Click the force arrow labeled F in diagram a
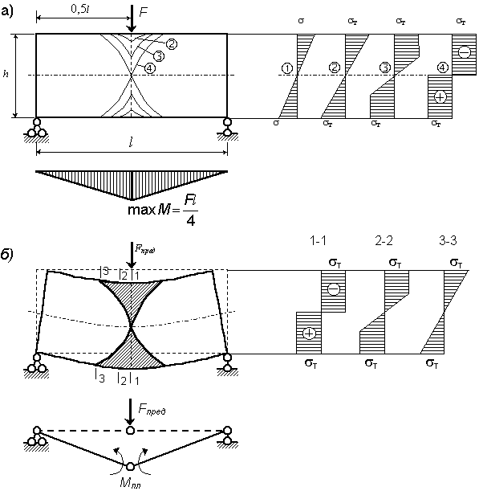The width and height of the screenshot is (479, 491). coord(132,18)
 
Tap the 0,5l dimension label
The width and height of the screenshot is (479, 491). coord(80,10)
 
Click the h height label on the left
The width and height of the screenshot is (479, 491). coord(6,74)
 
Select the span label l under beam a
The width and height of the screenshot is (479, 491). coord(131,143)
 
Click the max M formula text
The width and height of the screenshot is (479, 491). coord(163,210)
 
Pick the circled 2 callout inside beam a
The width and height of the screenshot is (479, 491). coord(171,44)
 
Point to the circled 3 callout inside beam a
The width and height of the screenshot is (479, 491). coord(159,56)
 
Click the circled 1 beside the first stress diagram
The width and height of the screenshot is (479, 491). coord(287,68)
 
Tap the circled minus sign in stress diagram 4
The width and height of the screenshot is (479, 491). coord(465,52)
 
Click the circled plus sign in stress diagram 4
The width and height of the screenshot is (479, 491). coord(440,97)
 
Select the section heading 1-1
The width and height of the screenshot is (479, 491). coord(318,240)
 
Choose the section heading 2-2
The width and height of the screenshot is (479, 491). coord(384,240)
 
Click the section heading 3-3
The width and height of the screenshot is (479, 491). coord(448,240)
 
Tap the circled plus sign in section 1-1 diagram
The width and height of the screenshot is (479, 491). coord(309,333)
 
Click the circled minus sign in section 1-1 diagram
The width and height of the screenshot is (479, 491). coord(334,288)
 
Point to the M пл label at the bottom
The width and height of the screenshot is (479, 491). coord(130,484)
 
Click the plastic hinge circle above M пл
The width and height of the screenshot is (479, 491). coord(130,467)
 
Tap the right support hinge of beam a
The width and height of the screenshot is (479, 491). coord(227,122)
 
